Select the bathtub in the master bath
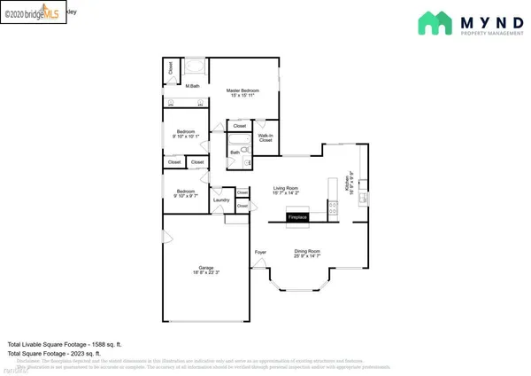tap(196, 67)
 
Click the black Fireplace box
tap(296, 216)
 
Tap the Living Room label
tap(285, 187)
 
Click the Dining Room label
tap(307, 251)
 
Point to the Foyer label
tap(260, 253)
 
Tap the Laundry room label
tap(221, 200)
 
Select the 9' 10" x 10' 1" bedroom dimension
tap(186, 136)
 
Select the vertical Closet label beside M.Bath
tap(171, 67)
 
